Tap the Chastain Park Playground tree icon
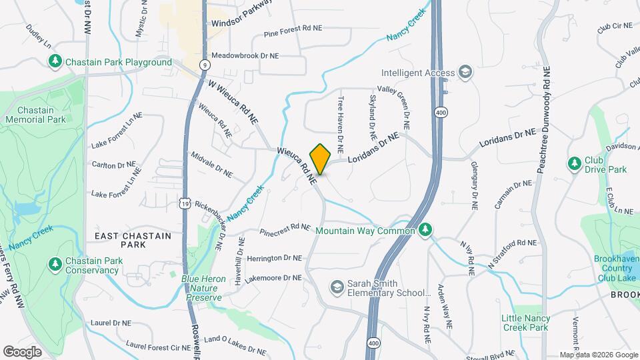(55, 62)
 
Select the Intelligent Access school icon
(465, 73)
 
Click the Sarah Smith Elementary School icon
(337, 287)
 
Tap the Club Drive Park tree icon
(574, 163)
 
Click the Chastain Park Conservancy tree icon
(55, 265)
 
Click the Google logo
(23, 352)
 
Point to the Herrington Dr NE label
(275, 258)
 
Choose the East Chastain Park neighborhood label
(133, 241)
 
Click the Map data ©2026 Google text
(599, 355)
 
